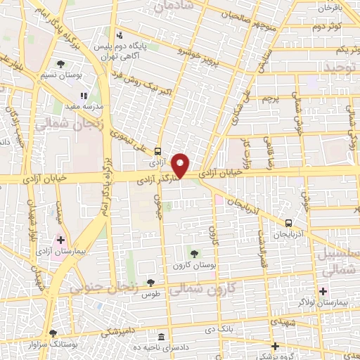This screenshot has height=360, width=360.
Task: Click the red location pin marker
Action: (x=181, y=165)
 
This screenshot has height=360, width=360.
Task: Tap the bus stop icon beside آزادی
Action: (x=157, y=150)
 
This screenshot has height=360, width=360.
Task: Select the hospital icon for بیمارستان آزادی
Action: (x=62, y=240)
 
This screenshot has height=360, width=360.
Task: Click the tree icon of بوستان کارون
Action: (x=194, y=254)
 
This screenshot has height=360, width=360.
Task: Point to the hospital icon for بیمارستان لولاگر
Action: (x=323, y=291)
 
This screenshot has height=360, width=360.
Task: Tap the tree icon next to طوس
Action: (x=150, y=283)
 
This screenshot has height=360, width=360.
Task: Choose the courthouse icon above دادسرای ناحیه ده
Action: (x=163, y=337)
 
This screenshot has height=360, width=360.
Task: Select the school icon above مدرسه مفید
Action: (x=84, y=95)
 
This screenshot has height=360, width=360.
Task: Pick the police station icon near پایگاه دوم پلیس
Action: (x=120, y=34)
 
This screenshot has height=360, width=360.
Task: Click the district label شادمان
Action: (x=173, y=7)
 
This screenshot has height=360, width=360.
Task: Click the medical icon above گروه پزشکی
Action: (x=275, y=346)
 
